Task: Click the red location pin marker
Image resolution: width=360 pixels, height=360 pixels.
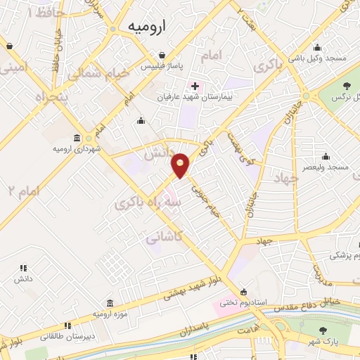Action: pyautogui.click(x=181, y=165)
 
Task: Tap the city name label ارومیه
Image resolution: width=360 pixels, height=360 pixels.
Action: pyautogui.click(x=146, y=26)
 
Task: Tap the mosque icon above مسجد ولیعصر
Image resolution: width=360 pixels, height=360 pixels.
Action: pyautogui.click(x=325, y=156)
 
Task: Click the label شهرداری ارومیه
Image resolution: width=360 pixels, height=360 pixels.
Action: pyautogui.click(x=77, y=149)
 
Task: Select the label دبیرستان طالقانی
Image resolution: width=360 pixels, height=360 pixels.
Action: pyautogui.click(x=68, y=337)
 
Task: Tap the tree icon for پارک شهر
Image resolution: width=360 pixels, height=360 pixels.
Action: pyautogui.click(x=323, y=331)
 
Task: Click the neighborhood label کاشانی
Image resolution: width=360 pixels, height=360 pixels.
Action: pyautogui.click(x=163, y=238)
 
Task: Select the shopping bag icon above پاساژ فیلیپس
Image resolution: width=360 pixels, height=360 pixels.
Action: pyautogui.click(x=162, y=55)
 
